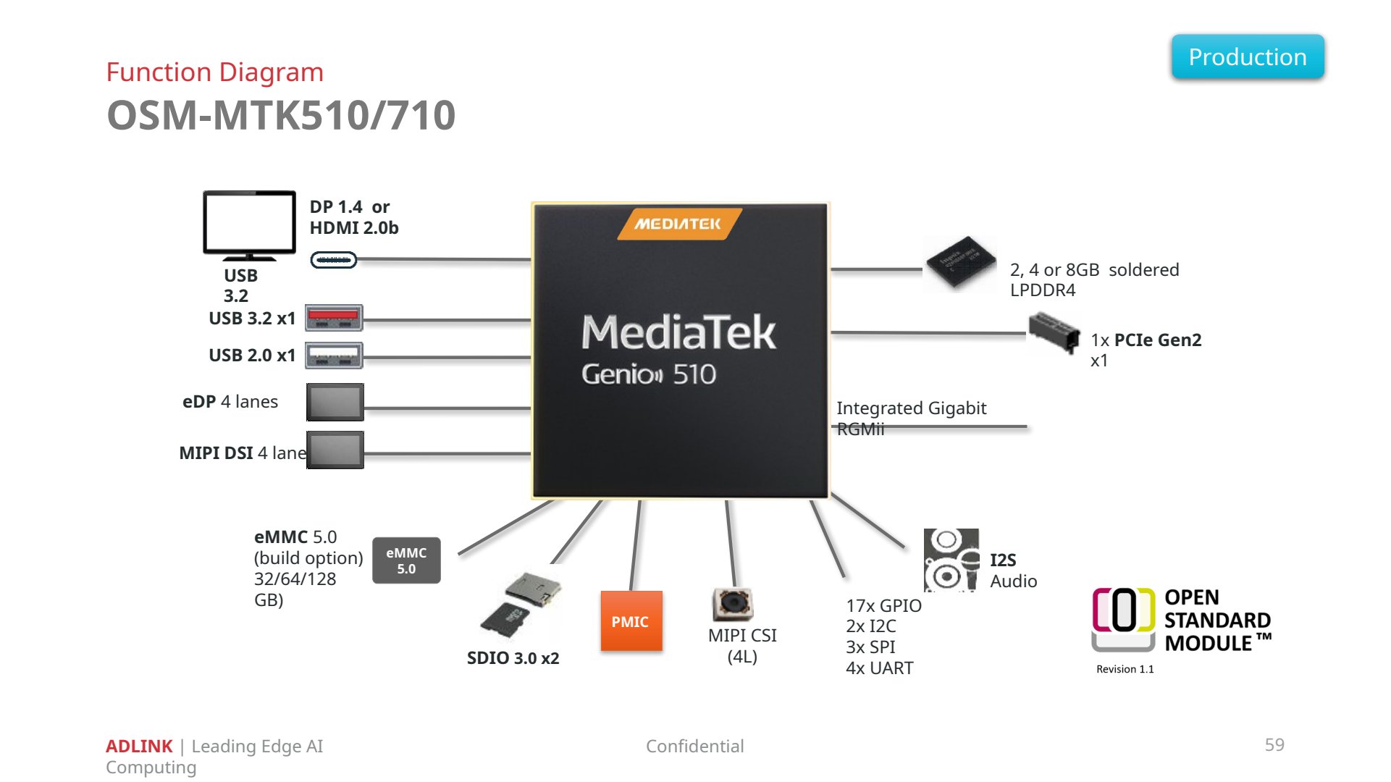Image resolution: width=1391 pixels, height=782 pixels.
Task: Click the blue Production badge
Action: pyautogui.click(x=1248, y=56)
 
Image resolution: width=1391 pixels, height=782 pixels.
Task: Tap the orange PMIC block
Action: pyautogui.click(x=631, y=621)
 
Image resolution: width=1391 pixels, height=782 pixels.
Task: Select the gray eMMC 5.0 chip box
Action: pyautogui.click(x=406, y=560)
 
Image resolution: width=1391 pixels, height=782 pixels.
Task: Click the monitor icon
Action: pyautogui.click(x=249, y=225)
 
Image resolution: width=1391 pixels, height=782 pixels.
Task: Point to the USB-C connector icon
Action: pyautogui.click(x=333, y=260)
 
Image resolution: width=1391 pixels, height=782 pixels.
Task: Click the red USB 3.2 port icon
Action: pyautogui.click(x=333, y=318)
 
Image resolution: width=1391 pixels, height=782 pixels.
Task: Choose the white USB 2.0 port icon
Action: pyautogui.click(x=333, y=356)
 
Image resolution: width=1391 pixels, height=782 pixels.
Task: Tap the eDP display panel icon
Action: pyautogui.click(x=335, y=402)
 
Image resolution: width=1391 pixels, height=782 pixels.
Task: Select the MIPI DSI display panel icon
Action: pyautogui.click(x=335, y=450)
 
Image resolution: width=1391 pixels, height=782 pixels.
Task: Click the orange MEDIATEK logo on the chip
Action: pyautogui.click(x=678, y=224)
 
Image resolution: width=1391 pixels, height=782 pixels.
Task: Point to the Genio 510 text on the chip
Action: pyautogui.click(x=649, y=374)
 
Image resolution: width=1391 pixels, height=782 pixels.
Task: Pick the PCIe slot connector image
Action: pyautogui.click(x=1054, y=332)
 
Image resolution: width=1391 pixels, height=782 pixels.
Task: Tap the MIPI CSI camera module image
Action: pyautogui.click(x=733, y=604)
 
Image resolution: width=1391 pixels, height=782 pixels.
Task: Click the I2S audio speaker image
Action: pyautogui.click(x=951, y=560)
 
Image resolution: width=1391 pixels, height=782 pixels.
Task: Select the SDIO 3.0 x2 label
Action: pyautogui.click(x=513, y=658)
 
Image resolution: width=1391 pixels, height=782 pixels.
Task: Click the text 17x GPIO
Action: pyautogui.click(x=883, y=606)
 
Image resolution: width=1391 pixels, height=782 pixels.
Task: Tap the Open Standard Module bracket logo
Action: pyautogui.click(x=1123, y=619)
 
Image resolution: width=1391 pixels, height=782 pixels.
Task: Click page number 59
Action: pyautogui.click(x=1274, y=745)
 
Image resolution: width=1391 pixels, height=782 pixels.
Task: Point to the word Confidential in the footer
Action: pyautogui.click(x=694, y=746)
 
